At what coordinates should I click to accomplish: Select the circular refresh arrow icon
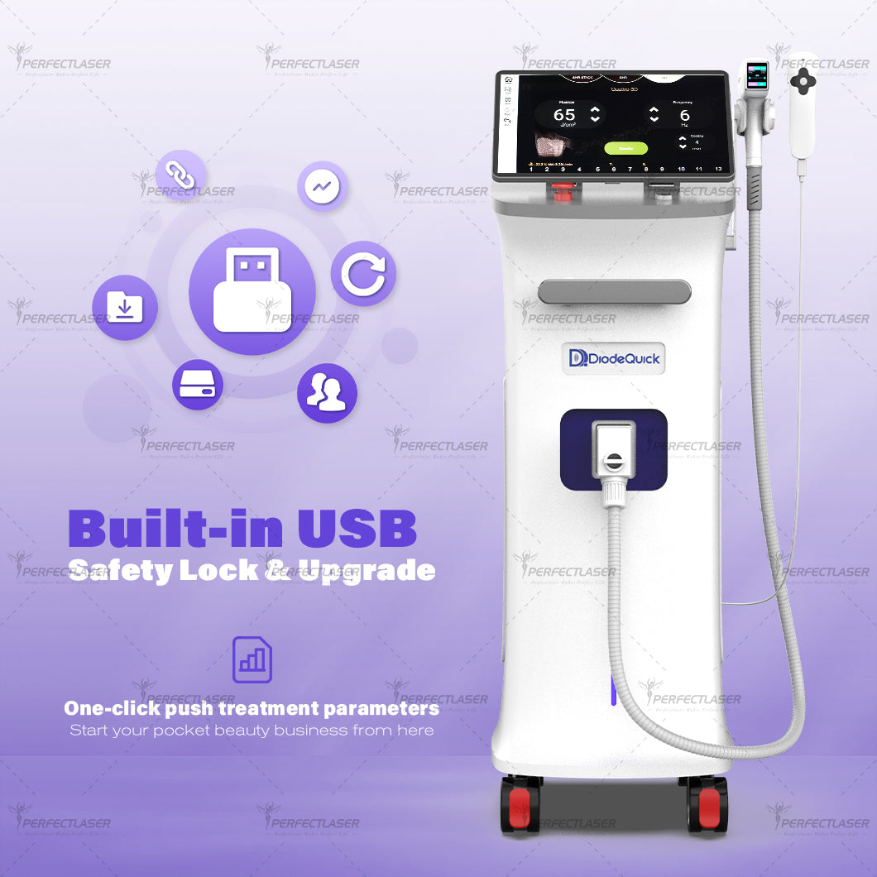363,274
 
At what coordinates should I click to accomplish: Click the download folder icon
125,308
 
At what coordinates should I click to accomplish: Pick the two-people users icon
327,393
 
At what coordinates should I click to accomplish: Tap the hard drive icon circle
198,385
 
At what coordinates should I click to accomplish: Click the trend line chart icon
321,186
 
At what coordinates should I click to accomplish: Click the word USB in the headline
357,529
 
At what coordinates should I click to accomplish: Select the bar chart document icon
252,659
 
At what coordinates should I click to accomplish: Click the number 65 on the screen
564,115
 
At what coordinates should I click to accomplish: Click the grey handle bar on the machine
614,291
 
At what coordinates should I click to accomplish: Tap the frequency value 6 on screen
684,116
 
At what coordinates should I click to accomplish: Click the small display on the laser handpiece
756,76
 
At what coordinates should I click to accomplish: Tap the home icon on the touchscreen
507,79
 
